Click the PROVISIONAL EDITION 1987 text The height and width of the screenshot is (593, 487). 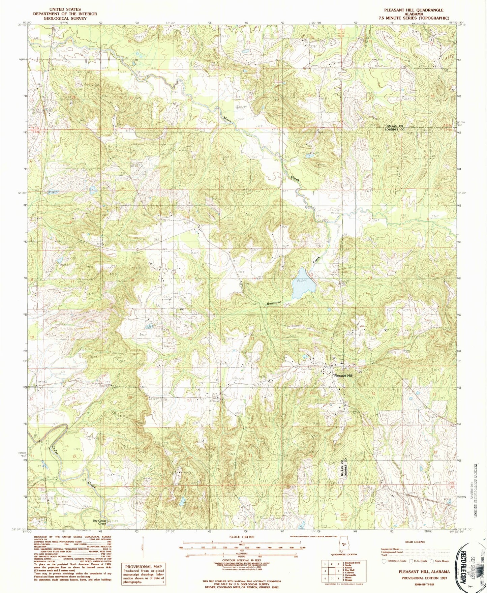click(x=424, y=577)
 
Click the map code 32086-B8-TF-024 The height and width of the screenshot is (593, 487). click(x=424, y=584)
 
